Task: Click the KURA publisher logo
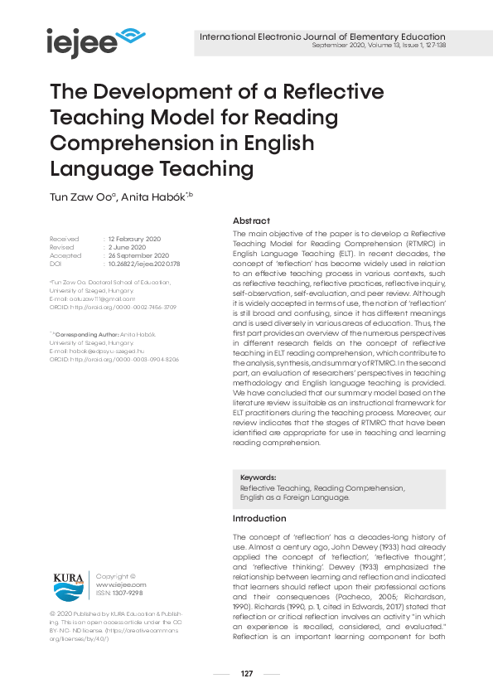68,586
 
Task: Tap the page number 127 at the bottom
246,673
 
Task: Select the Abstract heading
251,221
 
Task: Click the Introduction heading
259,518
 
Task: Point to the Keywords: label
258,478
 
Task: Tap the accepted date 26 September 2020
139,255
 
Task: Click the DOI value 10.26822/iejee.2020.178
143,264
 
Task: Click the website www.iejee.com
115,584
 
